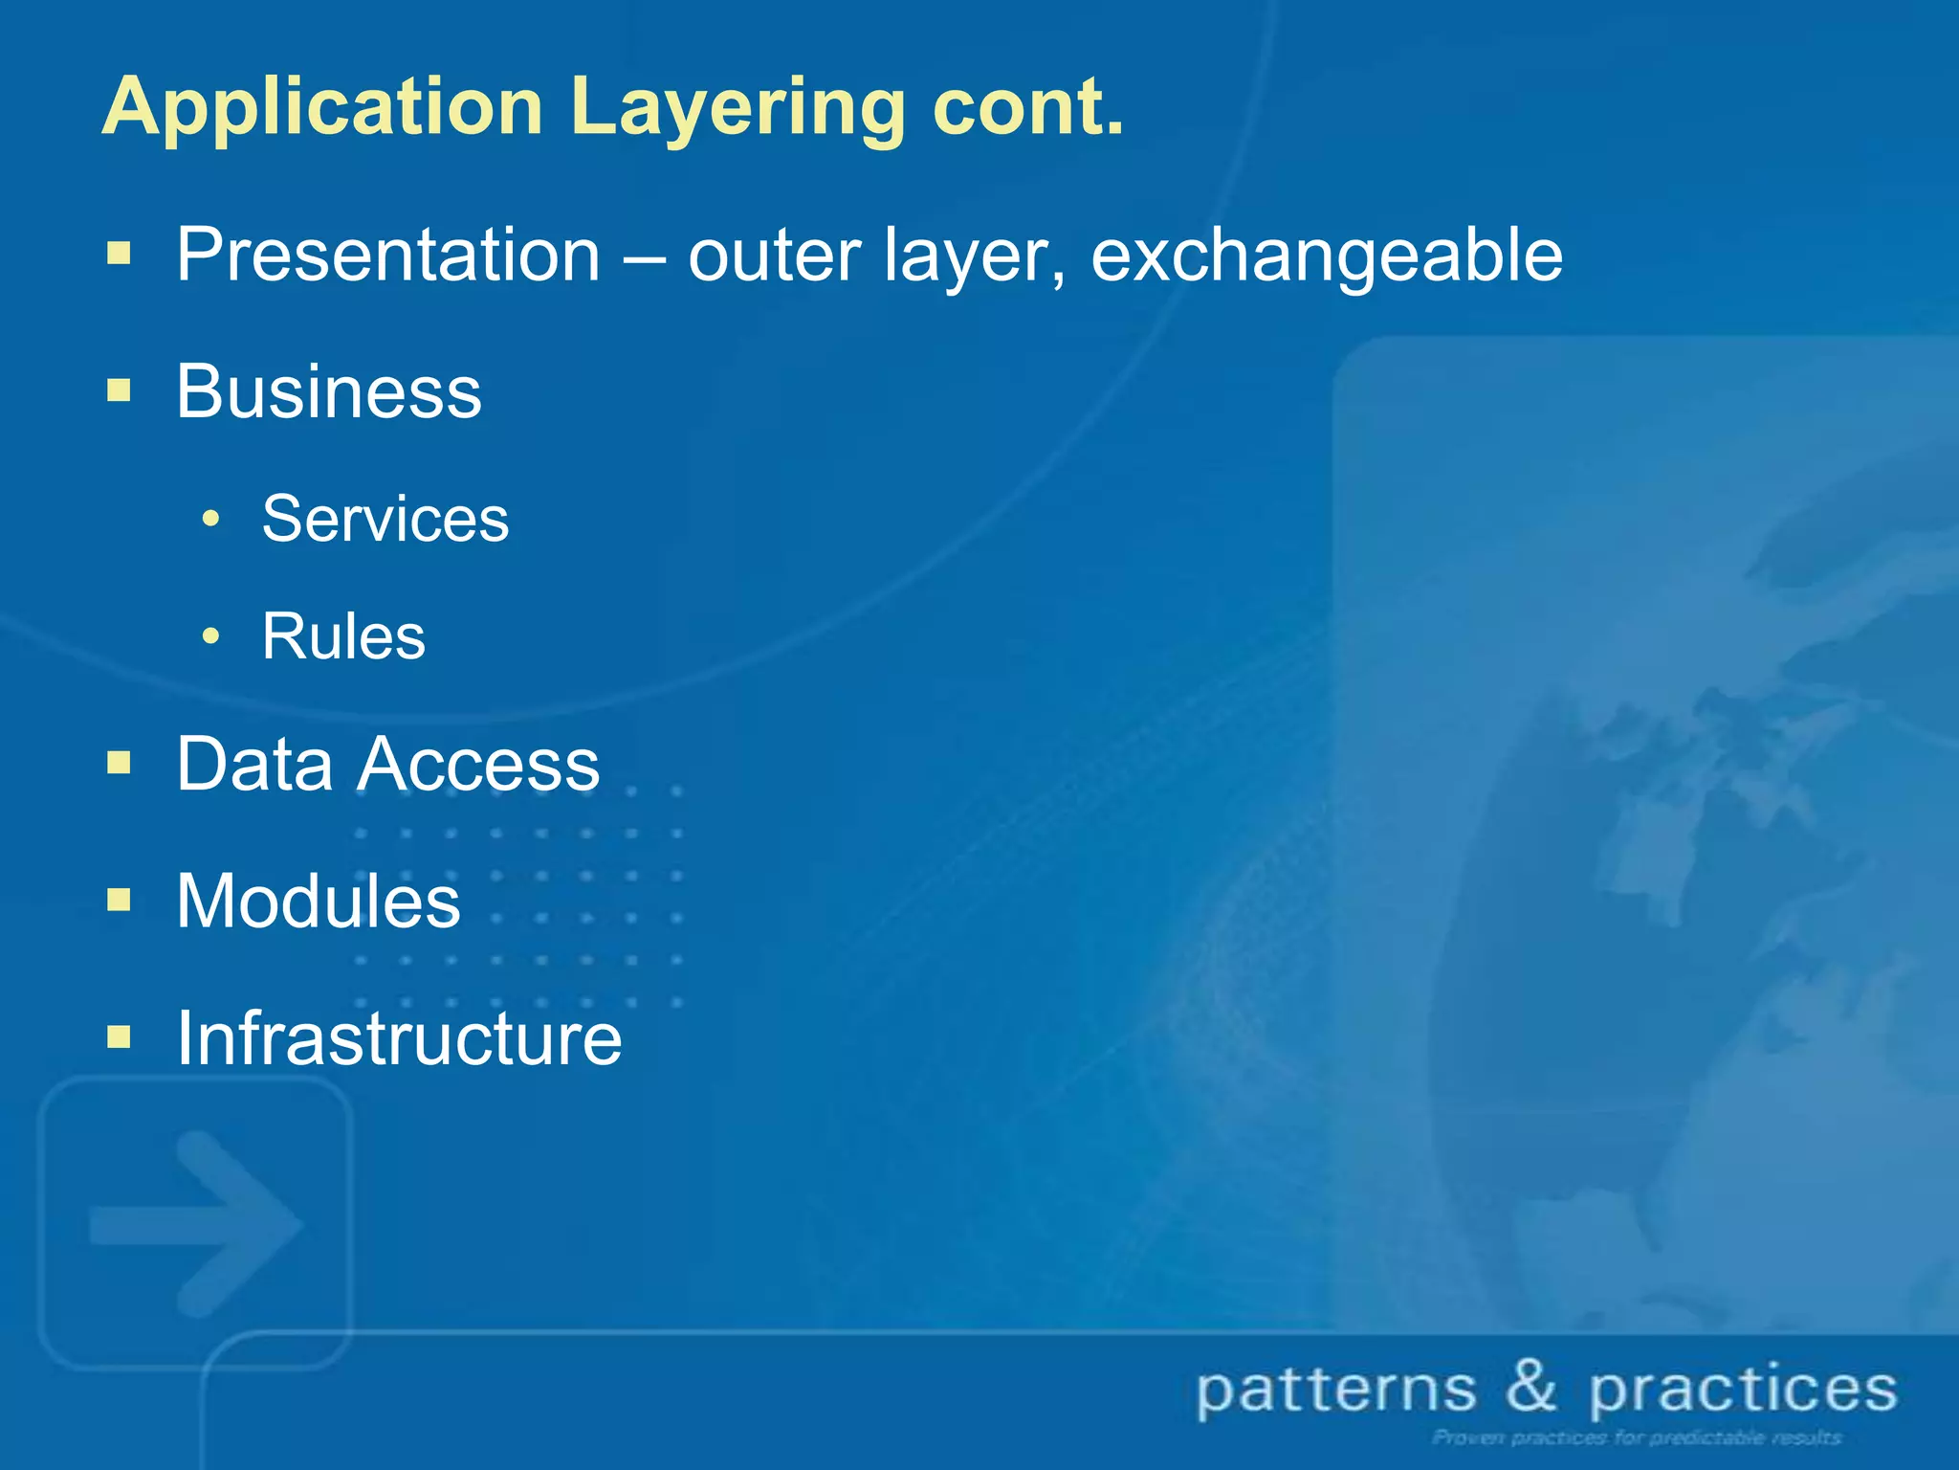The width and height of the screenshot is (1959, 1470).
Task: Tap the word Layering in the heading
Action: pyautogui.click(x=737, y=107)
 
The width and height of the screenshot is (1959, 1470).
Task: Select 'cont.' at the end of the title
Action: pyautogui.click(x=1027, y=107)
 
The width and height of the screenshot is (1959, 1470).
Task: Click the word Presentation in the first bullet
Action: pyautogui.click(x=387, y=256)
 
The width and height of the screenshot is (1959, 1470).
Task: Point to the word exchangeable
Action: pyautogui.click(x=1327, y=256)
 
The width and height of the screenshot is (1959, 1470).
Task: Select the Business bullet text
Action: pyautogui.click(x=328, y=391)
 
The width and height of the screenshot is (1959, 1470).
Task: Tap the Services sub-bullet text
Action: pyautogui.click(x=385, y=519)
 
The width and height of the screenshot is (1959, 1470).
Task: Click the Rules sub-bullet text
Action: pyautogui.click(x=342, y=636)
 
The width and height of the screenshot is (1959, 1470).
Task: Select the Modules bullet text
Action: pyautogui.click(x=318, y=901)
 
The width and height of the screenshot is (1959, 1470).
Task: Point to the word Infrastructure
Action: pyautogui.click(x=398, y=1038)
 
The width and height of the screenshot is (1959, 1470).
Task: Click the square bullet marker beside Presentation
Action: pyautogui.click(x=119, y=254)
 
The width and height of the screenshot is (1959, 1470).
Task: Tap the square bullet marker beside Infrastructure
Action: pyautogui.click(x=119, y=1036)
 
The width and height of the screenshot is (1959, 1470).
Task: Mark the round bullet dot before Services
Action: pyautogui.click(x=211, y=520)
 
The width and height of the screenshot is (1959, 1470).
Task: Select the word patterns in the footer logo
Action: pyautogui.click(x=1336, y=1390)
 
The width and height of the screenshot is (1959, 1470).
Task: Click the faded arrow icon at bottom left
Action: pyautogui.click(x=196, y=1223)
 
